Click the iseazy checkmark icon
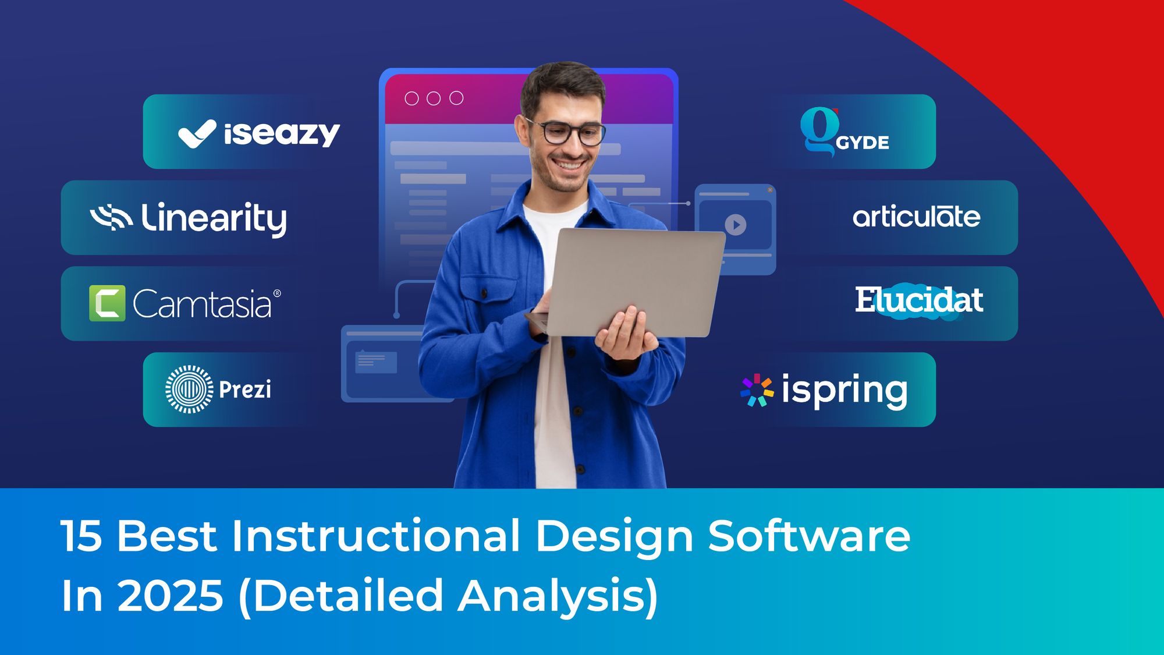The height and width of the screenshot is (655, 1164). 197,134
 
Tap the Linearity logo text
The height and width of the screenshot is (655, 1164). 214,218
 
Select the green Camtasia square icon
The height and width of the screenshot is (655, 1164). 107,303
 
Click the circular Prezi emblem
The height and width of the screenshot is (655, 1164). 189,390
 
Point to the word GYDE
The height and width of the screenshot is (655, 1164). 863,143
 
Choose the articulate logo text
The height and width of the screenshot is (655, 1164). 916,217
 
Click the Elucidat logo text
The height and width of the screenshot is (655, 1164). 919,300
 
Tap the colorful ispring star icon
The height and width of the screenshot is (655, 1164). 757,390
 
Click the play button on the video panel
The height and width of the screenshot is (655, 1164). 736,225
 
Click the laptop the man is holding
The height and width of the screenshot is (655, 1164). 634,279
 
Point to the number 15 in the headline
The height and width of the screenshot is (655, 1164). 81,536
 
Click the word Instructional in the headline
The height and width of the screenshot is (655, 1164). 376,536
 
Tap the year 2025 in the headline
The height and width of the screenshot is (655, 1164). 171,596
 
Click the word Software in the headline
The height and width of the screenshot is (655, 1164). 809,536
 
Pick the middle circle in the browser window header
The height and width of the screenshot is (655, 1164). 434,98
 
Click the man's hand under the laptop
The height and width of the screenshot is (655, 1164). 626,335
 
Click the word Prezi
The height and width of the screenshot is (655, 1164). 245,390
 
